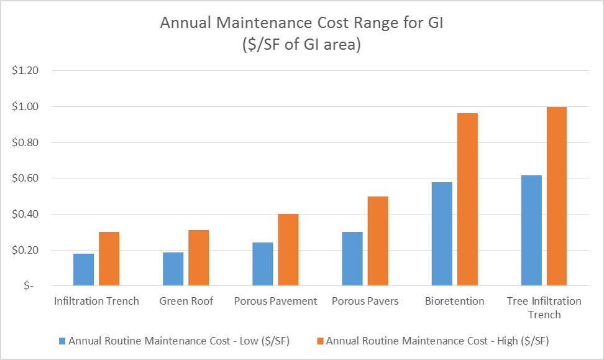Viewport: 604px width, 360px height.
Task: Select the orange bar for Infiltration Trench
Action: [x=109, y=259]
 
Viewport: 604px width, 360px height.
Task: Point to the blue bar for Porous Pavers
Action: [x=352, y=259]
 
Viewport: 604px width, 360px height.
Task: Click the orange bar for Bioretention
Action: [x=467, y=200]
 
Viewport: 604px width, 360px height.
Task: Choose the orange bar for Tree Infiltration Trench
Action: [x=557, y=196]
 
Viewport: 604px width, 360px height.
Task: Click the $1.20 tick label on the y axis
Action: [x=25, y=71]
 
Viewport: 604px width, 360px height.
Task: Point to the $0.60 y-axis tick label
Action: [x=25, y=178]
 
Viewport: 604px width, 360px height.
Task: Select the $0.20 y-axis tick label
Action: [x=25, y=251]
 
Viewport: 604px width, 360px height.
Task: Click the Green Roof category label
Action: [x=186, y=302]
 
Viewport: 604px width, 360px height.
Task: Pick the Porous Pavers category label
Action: [x=365, y=302]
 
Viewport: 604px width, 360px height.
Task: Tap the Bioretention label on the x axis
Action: [x=454, y=302]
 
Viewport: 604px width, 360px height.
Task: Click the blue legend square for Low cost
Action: [x=62, y=341]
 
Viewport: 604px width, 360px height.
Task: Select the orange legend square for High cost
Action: [x=319, y=341]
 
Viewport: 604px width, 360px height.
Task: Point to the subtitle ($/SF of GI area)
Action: [x=302, y=45]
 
